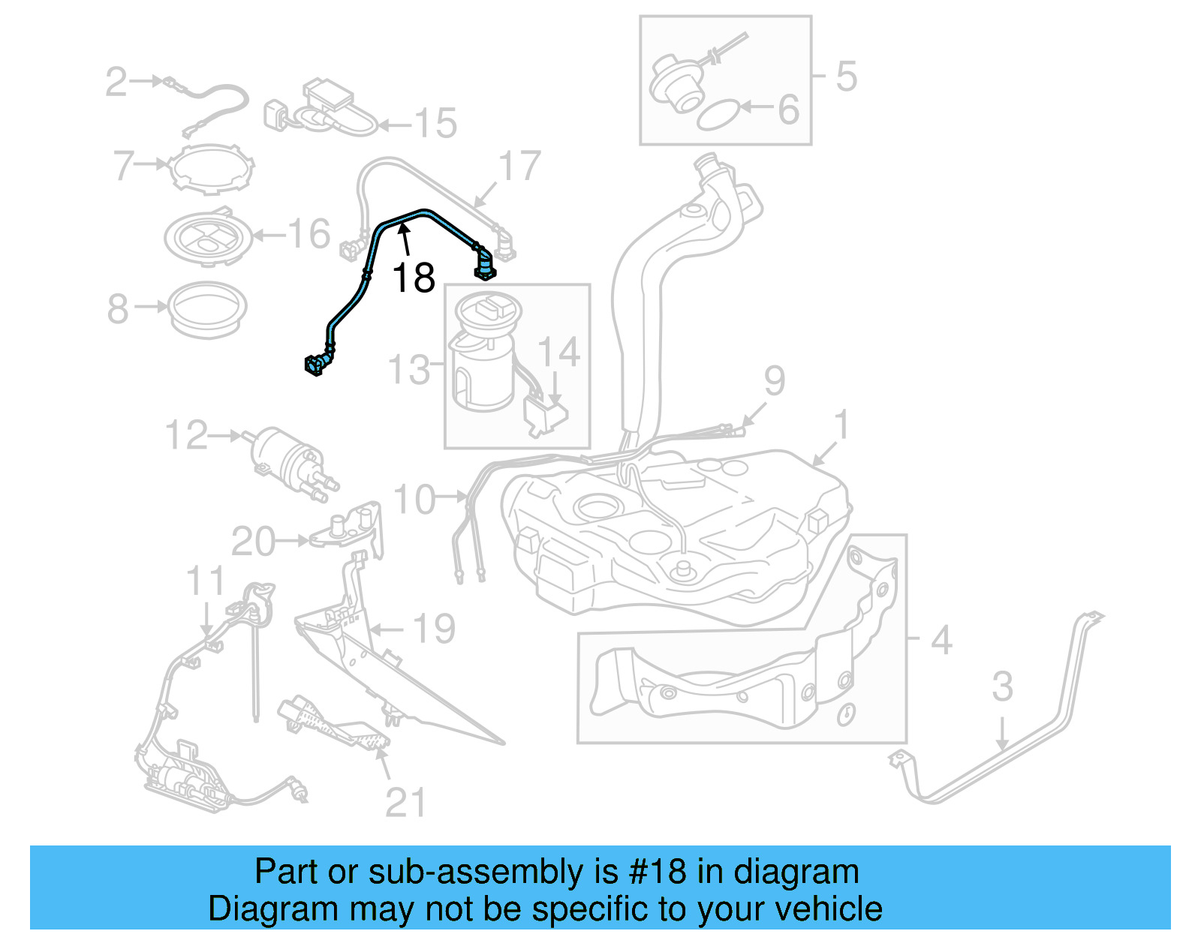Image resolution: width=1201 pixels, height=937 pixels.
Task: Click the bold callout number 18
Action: (414, 278)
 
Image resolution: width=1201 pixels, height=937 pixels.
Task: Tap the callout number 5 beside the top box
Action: (846, 77)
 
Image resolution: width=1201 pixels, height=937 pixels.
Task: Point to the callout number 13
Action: (409, 370)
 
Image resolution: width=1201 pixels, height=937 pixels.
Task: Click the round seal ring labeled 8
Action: (206, 308)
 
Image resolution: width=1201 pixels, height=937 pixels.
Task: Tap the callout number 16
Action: (309, 233)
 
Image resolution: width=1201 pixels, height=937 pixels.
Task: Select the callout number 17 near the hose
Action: (519, 166)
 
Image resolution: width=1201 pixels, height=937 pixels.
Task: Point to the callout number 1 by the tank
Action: (842, 425)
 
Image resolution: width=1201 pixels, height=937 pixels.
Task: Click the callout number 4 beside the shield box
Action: (941, 640)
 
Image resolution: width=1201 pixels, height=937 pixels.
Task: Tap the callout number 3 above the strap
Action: (1002, 686)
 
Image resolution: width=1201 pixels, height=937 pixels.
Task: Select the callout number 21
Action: (405, 803)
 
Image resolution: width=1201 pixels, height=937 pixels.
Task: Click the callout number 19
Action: (434, 629)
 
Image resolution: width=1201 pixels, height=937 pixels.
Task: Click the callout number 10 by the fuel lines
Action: (414, 499)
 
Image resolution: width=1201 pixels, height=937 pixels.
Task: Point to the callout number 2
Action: (116, 81)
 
